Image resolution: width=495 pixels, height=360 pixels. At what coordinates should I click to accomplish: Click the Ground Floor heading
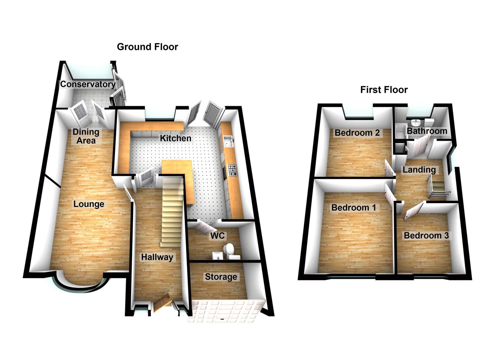tap(147, 47)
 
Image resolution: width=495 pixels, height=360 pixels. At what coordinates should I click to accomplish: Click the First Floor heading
tap(384, 90)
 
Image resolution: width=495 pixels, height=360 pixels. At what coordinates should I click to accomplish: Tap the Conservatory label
tap(88, 84)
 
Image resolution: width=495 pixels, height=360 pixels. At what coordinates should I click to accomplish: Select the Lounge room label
tap(89, 204)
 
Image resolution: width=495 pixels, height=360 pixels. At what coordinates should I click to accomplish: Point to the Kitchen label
tap(176, 138)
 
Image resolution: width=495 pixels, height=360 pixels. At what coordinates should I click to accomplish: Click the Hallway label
tap(157, 257)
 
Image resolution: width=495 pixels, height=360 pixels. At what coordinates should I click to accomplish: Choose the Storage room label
tap(221, 277)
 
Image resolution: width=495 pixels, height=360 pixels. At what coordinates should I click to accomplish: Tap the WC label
tap(218, 236)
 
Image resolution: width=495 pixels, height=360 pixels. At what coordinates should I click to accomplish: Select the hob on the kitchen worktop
tap(232, 170)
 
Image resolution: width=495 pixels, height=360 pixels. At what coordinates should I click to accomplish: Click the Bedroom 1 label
tap(354, 208)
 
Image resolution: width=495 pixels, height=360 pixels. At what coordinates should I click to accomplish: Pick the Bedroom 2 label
tap(357, 133)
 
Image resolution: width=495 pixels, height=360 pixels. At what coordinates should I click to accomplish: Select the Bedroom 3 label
tap(426, 236)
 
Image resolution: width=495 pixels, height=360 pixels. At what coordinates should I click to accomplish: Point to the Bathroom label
tap(427, 131)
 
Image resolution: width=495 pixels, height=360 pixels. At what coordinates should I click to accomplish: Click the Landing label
tap(419, 170)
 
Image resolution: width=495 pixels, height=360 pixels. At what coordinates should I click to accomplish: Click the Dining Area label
tap(86, 136)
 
